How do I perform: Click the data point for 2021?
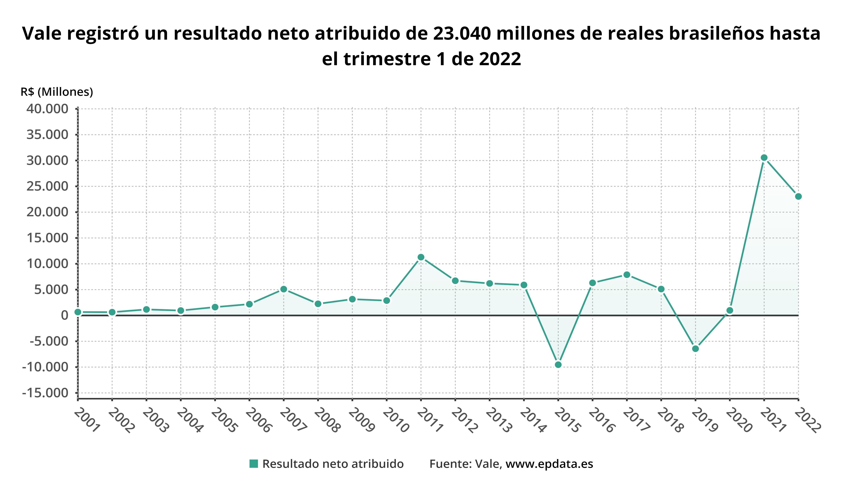pos(764,158)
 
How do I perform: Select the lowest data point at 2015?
pos(558,365)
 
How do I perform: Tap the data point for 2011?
pos(421,257)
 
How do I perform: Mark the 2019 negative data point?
pos(695,349)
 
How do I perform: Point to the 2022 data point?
pos(798,196)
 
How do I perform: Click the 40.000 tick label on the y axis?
pos(47,109)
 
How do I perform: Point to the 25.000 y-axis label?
pos(47,186)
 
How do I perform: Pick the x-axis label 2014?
pos(533,420)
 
